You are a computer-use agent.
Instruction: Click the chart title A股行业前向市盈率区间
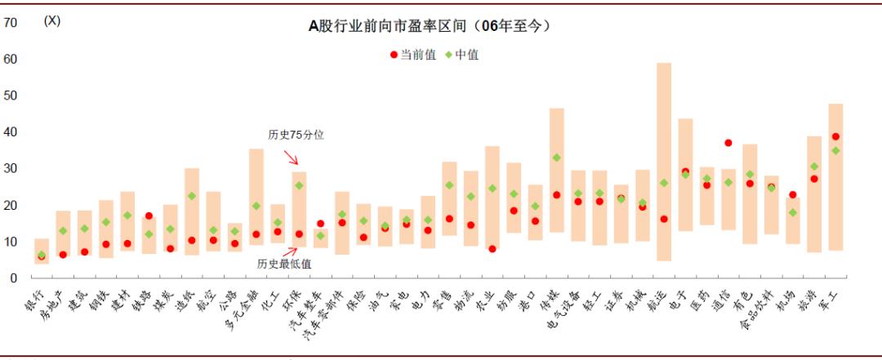pyautogui.click(x=430, y=26)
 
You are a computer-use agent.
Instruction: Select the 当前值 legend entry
pyautogui.click(x=413, y=55)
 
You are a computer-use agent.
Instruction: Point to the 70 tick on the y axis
pyautogui.click(x=11, y=23)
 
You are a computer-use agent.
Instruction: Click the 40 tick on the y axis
pyautogui.click(x=11, y=132)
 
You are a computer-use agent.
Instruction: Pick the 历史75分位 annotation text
pyautogui.click(x=296, y=135)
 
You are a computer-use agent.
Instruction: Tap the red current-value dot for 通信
pyautogui.click(x=728, y=143)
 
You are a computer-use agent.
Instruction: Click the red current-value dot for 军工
pyautogui.click(x=835, y=137)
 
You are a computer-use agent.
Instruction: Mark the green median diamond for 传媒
pyautogui.click(x=556, y=158)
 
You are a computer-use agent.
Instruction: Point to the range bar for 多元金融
pyautogui.click(x=256, y=196)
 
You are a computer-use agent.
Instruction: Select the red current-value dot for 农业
pyautogui.click(x=492, y=249)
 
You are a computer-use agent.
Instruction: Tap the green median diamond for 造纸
pyautogui.click(x=192, y=196)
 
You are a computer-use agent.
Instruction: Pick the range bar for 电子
pyautogui.click(x=685, y=175)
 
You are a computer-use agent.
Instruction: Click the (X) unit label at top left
pyautogui.click(x=51, y=21)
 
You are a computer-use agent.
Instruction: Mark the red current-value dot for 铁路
pyautogui.click(x=149, y=216)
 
